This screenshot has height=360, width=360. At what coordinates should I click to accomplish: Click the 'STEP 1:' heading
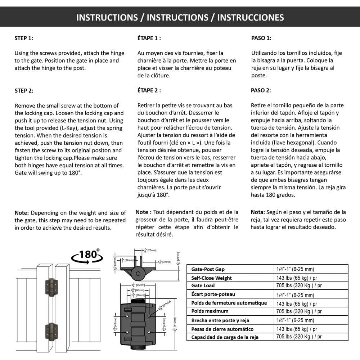click(24, 38)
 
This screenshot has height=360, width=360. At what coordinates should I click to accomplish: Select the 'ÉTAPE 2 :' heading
click(149, 90)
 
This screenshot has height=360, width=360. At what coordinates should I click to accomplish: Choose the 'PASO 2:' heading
click(261, 90)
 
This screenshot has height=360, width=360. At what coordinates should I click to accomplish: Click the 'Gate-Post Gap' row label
click(208, 269)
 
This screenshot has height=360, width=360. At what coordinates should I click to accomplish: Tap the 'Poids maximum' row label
click(210, 311)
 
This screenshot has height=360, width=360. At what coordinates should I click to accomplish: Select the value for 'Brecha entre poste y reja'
click(295, 320)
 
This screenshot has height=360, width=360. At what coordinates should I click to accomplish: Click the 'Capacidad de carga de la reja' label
click(225, 337)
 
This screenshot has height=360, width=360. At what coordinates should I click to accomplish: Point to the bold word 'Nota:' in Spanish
click(258, 212)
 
